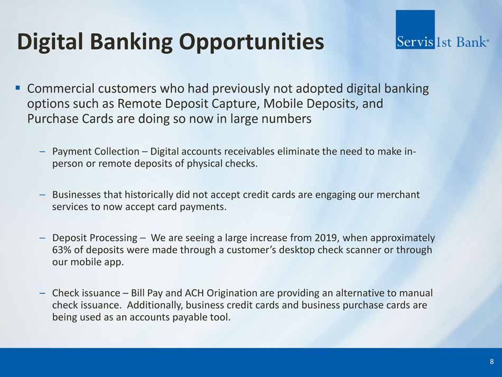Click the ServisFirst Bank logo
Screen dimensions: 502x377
click(442, 30)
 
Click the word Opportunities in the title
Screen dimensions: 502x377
click(252, 42)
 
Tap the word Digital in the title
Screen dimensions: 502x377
click(50, 42)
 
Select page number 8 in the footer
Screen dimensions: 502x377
click(492, 362)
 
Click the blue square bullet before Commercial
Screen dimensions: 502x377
click(18, 87)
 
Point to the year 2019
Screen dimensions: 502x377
click(326, 237)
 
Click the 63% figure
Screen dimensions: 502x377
click(61, 250)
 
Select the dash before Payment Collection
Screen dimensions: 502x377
click(42, 151)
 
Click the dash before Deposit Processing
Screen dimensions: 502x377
click(42, 237)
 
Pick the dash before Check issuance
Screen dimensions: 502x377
click(42, 293)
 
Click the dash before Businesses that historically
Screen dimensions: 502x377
click(42, 195)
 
